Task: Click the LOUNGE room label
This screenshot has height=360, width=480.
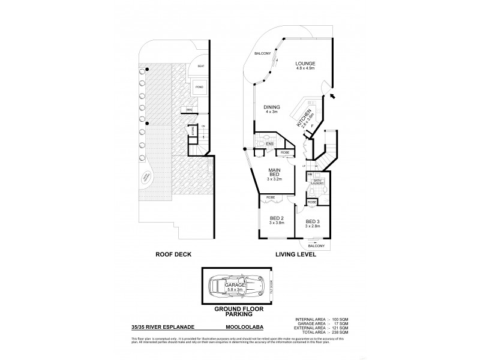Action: pos(305,64)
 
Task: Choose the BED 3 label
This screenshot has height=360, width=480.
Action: pos(313,223)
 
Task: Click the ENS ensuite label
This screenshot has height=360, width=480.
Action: pos(269,144)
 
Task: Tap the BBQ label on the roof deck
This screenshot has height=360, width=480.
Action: pos(189,110)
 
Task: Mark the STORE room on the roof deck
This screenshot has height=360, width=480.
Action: pos(193,130)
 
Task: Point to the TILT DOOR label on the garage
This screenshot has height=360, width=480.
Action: pos(271,287)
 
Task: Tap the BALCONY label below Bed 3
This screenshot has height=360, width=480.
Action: pos(316,246)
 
